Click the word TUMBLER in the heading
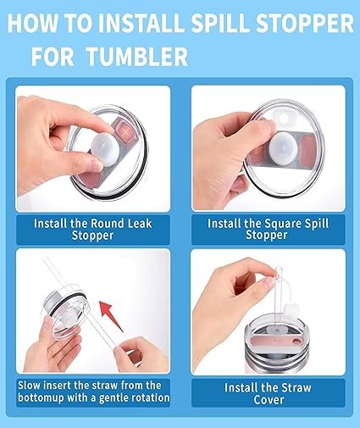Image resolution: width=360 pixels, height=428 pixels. [137, 56]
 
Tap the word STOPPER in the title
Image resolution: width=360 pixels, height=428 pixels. [305, 23]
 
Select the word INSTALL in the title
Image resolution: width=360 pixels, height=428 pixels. [141, 23]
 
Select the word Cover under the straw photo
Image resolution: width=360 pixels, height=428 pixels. [269, 400]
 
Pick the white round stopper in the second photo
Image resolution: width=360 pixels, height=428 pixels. [283, 148]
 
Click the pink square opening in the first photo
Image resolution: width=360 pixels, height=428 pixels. [125, 131]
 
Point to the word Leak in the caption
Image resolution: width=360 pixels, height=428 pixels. [140, 224]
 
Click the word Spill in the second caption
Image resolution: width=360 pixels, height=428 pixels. [317, 224]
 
